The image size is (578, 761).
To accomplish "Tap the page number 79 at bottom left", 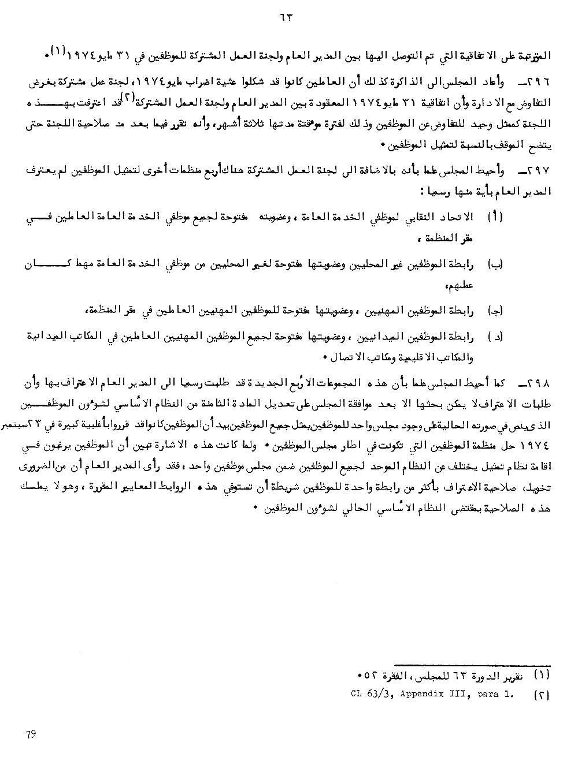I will pos(31,734).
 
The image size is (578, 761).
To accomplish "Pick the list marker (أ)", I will pos(496,217).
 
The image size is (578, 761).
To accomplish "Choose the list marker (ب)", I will pos(496,264).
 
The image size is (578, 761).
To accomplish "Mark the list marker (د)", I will pos(496,336).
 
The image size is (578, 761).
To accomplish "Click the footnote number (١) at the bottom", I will pos(541,675).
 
